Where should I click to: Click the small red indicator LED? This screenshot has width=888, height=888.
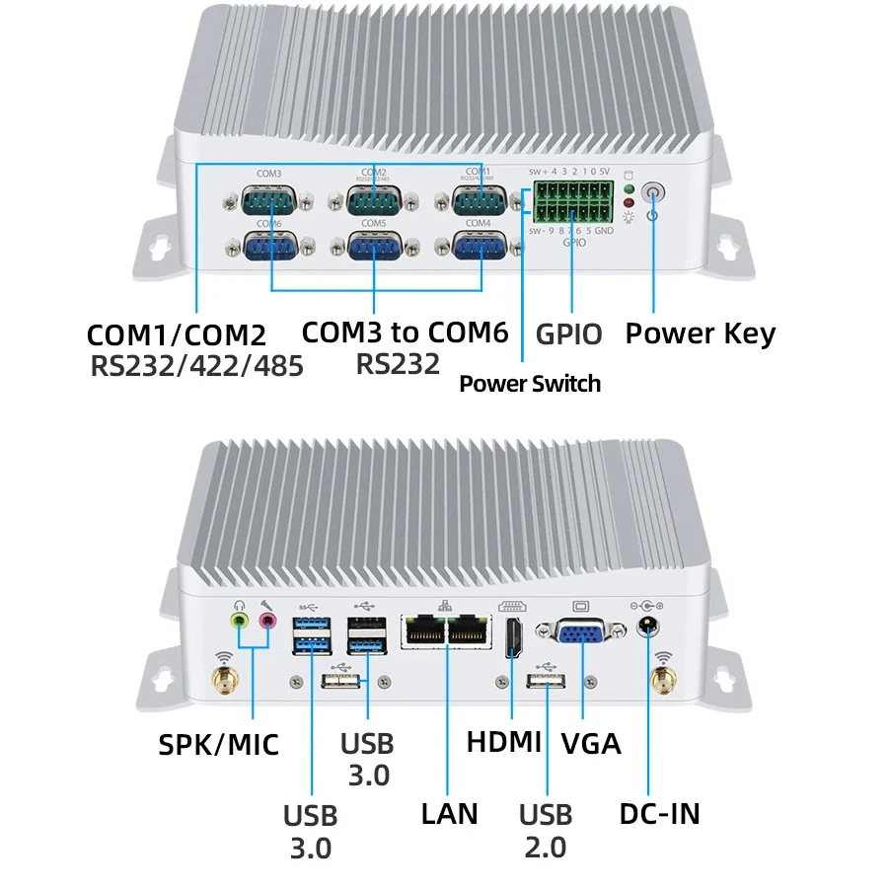tap(628, 203)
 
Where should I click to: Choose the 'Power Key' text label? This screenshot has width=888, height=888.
tap(700, 333)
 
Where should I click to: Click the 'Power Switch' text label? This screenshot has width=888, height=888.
tap(529, 383)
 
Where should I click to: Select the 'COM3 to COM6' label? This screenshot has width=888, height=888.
tap(405, 332)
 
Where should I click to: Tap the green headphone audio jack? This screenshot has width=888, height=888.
tap(239, 621)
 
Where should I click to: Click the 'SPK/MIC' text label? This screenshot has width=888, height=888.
tap(219, 744)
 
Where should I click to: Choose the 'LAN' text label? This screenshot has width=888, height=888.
tap(449, 813)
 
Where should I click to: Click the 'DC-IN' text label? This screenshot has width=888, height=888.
tap(659, 814)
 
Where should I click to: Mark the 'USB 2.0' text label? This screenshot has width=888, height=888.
tap(546, 830)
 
